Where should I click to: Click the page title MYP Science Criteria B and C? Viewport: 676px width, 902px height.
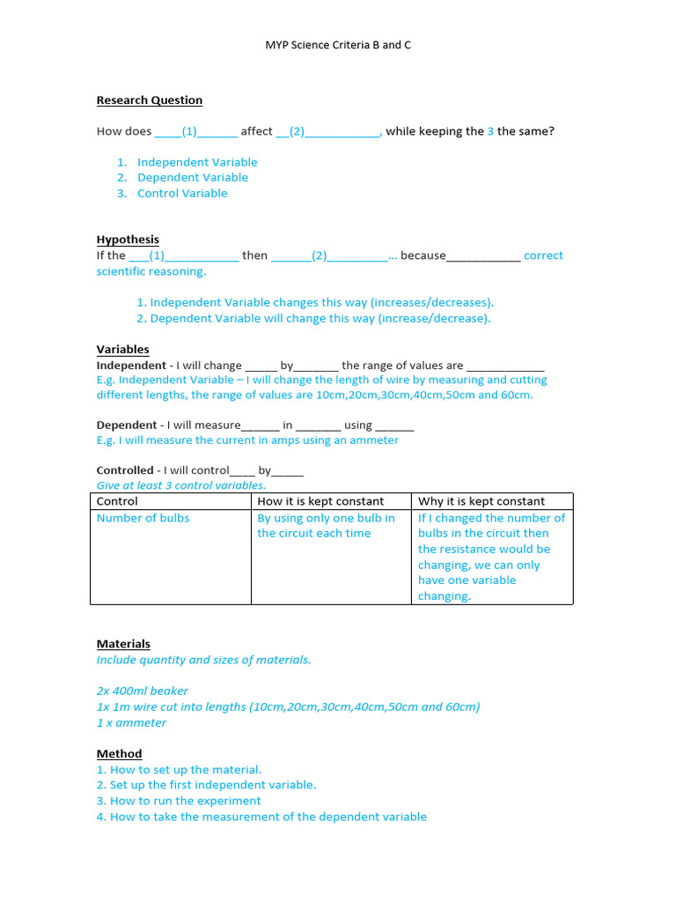(338, 45)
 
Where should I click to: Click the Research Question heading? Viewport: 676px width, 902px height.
(150, 100)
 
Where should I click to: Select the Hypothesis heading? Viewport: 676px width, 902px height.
(128, 240)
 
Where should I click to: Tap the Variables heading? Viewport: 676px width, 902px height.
(122, 350)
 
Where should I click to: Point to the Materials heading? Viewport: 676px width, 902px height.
(123, 644)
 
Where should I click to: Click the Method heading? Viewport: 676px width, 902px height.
(119, 754)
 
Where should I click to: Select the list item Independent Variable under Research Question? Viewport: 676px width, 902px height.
(196, 162)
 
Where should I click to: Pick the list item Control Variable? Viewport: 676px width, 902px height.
(181, 194)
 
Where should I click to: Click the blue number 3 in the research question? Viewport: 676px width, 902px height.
(490, 131)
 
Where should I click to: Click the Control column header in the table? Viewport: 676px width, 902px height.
(117, 501)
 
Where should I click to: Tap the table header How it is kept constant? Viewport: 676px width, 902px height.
(320, 501)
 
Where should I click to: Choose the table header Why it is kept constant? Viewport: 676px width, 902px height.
(481, 501)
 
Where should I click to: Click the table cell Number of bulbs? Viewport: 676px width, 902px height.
(143, 518)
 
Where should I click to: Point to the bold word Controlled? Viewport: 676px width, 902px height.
(125, 470)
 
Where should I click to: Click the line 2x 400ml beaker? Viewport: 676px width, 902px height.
(143, 691)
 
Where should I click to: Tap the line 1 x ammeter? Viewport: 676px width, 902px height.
(131, 723)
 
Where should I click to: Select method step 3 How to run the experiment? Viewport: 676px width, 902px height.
(179, 802)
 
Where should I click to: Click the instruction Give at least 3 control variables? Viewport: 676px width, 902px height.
(180, 485)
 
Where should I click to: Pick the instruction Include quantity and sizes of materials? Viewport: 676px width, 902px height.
(203, 660)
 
